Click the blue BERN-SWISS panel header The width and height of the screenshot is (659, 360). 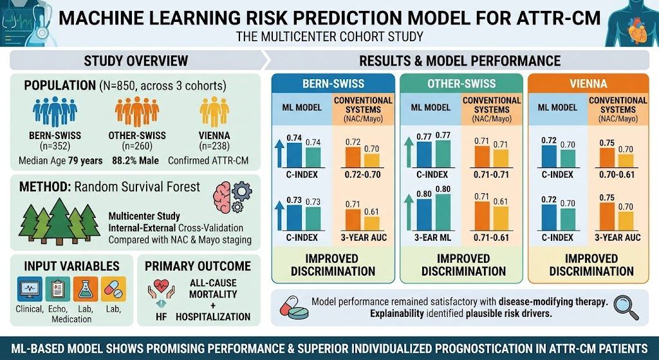[333, 83]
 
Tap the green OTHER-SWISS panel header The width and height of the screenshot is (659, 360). [461, 83]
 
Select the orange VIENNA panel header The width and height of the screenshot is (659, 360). [588, 83]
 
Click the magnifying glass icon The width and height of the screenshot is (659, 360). [626, 308]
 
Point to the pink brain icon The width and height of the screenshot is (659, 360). [222, 197]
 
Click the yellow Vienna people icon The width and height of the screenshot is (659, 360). [214, 111]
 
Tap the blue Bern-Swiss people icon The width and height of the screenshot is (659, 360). [55, 111]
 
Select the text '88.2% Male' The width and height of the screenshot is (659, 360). [135, 160]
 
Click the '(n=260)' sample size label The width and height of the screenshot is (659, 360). [137, 146]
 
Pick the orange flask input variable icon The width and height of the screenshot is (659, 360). [86, 289]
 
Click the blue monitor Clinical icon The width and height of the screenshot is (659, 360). [30, 289]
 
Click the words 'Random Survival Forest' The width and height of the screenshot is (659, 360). [137, 186]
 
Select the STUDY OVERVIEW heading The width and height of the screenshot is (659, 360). [136, 61]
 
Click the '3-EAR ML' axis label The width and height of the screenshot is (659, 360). [433, 238]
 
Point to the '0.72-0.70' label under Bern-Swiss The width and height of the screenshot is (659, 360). [362, 175]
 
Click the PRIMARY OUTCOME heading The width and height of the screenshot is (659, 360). [198, 266]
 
